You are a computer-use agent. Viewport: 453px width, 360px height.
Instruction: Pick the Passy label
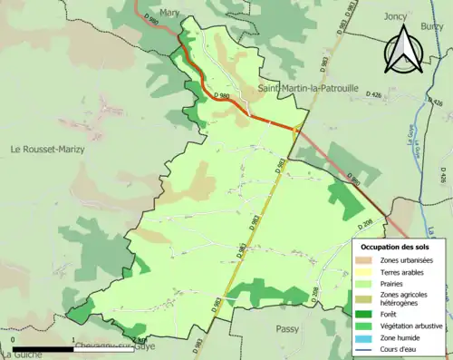287,329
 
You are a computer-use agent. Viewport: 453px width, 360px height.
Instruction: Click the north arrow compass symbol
402,49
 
